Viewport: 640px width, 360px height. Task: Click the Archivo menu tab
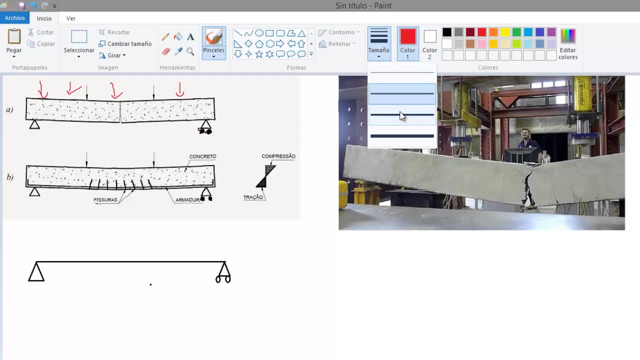click(14, 18)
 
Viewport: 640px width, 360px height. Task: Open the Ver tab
click(71, 18)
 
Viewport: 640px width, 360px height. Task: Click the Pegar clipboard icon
click(14, 36)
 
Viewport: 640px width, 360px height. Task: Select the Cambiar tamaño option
click(125, 43)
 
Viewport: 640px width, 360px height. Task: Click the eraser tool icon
click(166, 51)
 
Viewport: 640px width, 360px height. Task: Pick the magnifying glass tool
click(190, 51)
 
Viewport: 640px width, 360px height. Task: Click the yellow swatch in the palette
click(505, 32)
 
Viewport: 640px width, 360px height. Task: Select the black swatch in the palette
click(447, 32)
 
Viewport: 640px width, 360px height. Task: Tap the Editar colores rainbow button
click(567, 36)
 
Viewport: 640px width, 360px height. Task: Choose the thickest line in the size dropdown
click(402, 136)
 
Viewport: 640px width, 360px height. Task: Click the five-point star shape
click(259, 54)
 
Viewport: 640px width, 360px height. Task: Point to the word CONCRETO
click(203, 156)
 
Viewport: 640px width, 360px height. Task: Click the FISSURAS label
click(105, 199)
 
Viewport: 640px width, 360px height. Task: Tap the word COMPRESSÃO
click(278, 156)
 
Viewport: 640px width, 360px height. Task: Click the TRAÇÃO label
click(253, 197)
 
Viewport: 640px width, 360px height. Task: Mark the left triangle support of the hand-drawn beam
click(36, 271)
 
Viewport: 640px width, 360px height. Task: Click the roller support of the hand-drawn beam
click(223, 273)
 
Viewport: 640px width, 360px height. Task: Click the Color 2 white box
click(429, 36)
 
